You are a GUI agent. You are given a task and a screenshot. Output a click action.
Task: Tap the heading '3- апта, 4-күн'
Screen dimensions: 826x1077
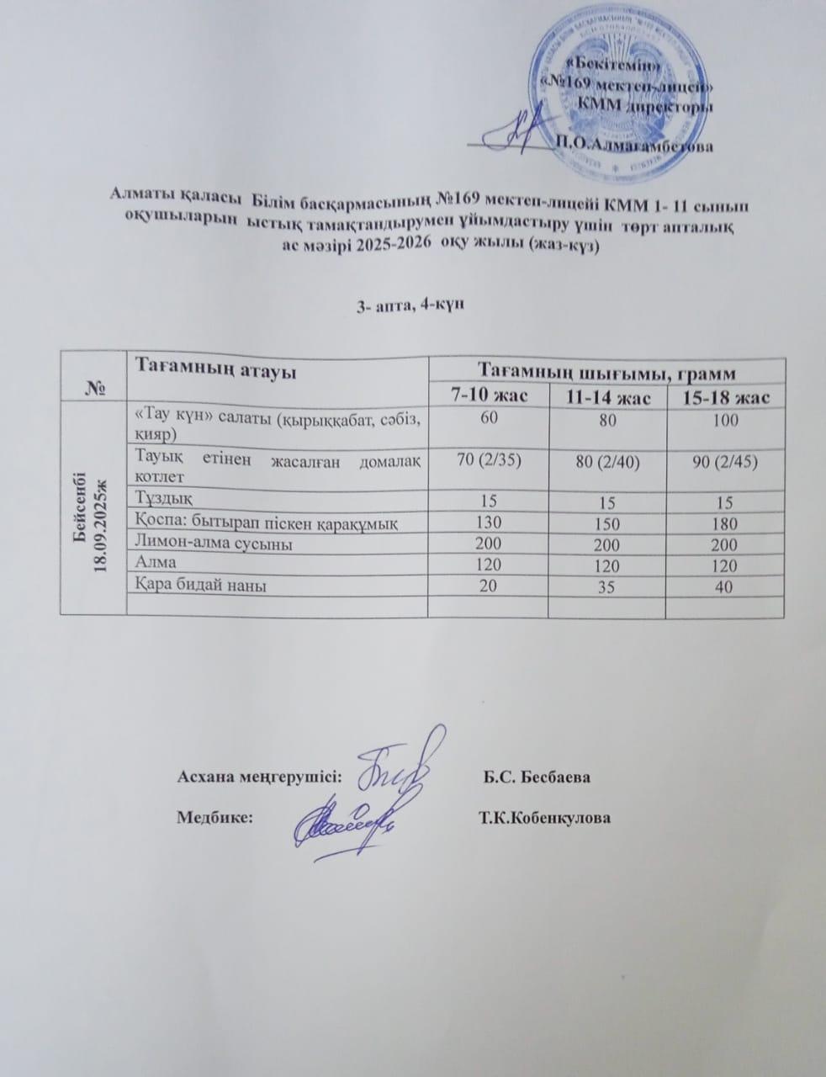pyautogui.click(x=405, y=305)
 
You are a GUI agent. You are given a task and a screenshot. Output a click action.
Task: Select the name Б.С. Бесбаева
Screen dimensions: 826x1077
pyautogui.click(x=536, y=776)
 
